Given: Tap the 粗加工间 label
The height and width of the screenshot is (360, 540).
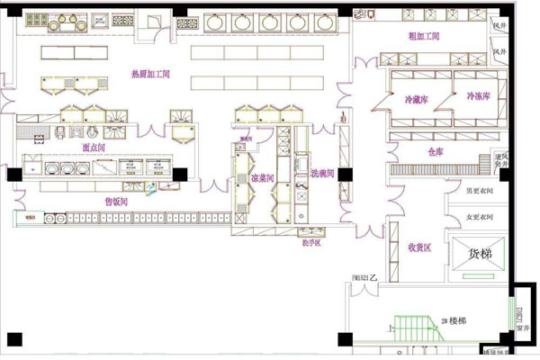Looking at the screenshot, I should (423, 36).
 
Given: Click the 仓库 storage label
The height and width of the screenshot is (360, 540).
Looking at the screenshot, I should (436, 152).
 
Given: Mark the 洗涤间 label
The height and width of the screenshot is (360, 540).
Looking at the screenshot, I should (322, 172).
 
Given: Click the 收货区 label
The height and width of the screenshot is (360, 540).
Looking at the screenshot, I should (421, 246).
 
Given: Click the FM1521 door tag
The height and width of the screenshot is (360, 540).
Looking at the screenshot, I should (364, 279).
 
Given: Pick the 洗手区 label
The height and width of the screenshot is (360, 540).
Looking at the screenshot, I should (310, 241).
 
